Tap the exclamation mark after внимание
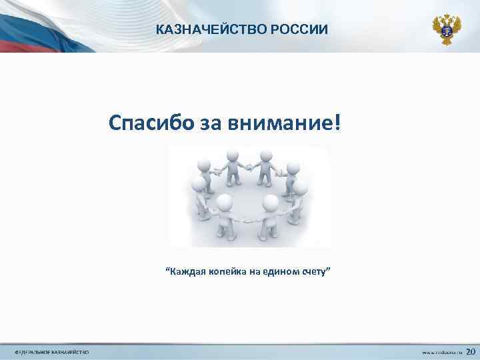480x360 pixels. click(x=335, y=123)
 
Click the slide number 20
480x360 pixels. click(x=470, y=351)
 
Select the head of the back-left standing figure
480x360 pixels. click(x=232, y=155)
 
